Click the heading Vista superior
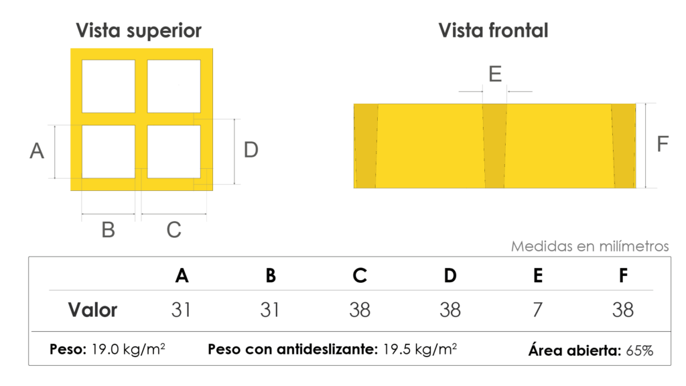(x=139, y=31)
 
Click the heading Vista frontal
(x=493, y=31)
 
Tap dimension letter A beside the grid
(x=37, y=151)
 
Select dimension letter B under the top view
(x=108, y=230)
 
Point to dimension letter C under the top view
(x=174, y=230)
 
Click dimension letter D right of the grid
(x=251, y=149)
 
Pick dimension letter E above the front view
(x=495, y=74)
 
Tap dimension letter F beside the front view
(x=663, y=143)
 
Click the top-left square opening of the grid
(x=109, y=86)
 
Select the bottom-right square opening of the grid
(x=174, y=152)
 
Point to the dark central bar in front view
(x=495, y=146)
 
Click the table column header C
(x=360, y=275)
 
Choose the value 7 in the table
(x=538, y=310)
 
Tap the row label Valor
(x=92, y=310)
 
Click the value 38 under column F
(x=622, y=310)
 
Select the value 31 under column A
(x=181, y=310)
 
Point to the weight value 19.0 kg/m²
(x=128, y=349)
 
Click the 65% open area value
(x=640, y=350)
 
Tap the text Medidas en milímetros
(x=590, y=246)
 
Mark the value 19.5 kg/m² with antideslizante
(x=420, y=349)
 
